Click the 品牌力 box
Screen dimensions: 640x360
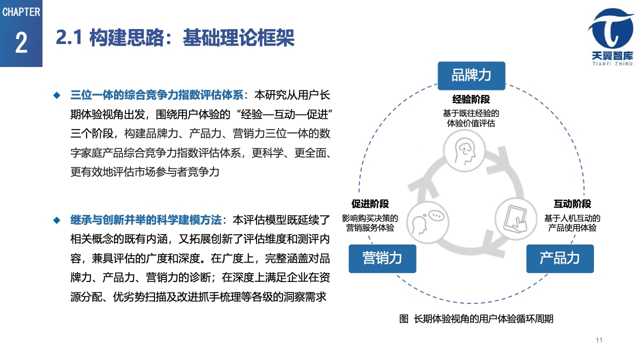(471, 75)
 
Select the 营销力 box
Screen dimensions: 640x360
(382, 258)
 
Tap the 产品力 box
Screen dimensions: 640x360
(560, 258)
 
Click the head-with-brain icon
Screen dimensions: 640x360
(464, 150)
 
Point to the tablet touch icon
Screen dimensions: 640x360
(515, 219)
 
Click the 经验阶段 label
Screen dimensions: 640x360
(471, 99)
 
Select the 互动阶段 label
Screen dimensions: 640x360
(572, 204)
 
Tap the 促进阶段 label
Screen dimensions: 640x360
(370, 204)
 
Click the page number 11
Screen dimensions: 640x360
(599, 340)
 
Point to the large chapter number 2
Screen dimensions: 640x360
(21, 42)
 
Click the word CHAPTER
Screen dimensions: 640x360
(21, 12)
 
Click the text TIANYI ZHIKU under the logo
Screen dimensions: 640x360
(612, 63)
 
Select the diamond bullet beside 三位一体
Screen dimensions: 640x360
(57, 95)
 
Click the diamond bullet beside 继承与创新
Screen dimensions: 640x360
(57, 220)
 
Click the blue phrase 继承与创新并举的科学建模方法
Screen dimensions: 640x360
(146, 220)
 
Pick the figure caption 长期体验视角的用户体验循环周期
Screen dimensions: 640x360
(483, 318)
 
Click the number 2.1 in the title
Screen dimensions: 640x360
(69, 37)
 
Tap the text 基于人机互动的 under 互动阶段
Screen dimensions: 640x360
(572, 218)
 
